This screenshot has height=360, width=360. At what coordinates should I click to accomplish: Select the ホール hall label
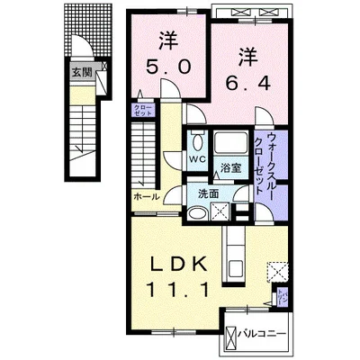[146, 196]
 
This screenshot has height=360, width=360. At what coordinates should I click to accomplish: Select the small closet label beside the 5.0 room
[143, 112]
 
